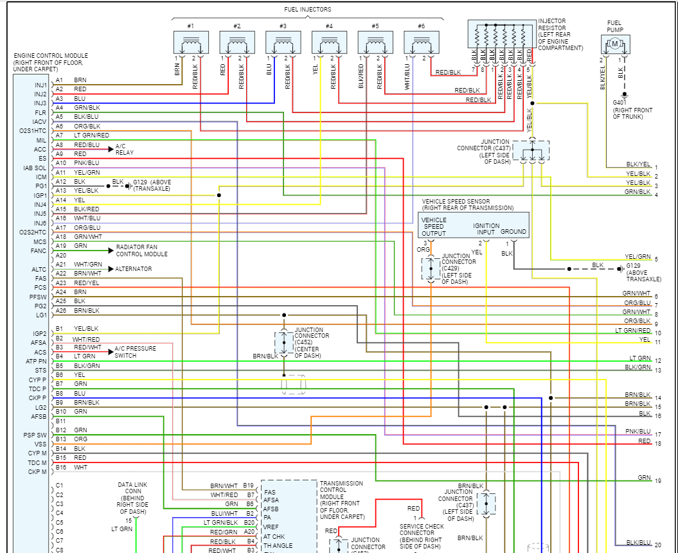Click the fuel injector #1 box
click(191, 42)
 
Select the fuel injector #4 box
click(329, 42)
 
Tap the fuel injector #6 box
click(422, 42)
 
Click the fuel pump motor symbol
click(615, 44)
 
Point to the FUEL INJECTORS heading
click(308, 10)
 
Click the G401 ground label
click(620, 102)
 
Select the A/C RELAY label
click(125, 150)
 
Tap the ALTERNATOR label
click(134, 268)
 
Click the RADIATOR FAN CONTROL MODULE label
click(141, 250)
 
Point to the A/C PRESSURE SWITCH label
click(135, 351)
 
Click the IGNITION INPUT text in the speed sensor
click(486, 229)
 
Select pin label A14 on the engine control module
click(60, 200)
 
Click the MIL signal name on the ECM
click(41, 140)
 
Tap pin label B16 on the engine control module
click(61, 467)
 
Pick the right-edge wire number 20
click(657, 545)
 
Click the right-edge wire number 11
click(657, 342)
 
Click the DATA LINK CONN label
click(134, 498)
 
